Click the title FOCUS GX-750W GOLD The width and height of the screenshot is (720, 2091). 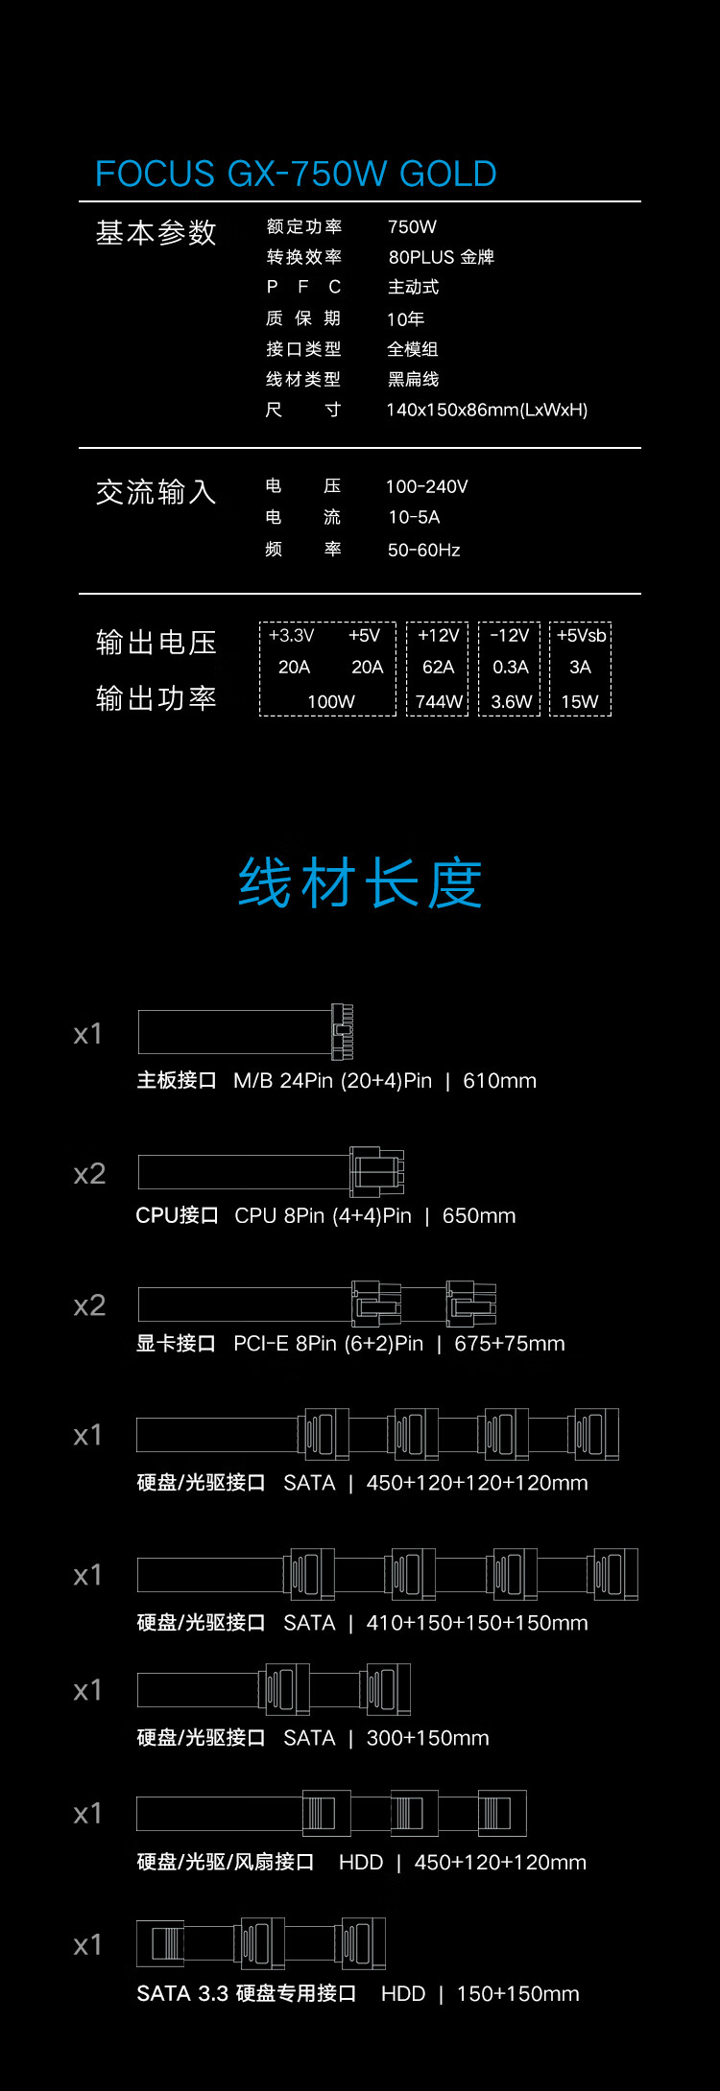[296, 174]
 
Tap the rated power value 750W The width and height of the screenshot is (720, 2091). [412, 226]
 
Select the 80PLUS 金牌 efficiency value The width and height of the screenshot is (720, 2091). [441, 257]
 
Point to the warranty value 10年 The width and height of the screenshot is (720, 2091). [405, 318]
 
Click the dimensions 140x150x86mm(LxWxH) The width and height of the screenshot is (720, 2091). [487, 410]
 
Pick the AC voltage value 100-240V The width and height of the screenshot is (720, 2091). [426, 486]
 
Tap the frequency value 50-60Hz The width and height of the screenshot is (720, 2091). [423, 550]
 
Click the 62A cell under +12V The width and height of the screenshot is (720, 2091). [438, 667]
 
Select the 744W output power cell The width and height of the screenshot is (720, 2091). [439, 701]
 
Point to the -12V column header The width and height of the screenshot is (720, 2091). [510, 635]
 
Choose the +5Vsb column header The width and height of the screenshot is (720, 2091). [581, 635]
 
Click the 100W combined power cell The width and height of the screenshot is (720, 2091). [331, 701]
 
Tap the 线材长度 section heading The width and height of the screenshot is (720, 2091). [360, 883]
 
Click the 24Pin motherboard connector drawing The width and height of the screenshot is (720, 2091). [246, 1032]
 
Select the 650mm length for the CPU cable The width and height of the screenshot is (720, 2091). [479, 1215]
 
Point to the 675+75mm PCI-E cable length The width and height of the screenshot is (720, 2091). [510, 1343]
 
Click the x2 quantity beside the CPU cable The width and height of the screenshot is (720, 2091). [89, 1174]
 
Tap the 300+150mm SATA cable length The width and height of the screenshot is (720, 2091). [428, 1738]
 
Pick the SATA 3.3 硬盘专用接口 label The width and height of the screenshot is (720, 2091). [247, 1993]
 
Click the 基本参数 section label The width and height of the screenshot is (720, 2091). [156, 232]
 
